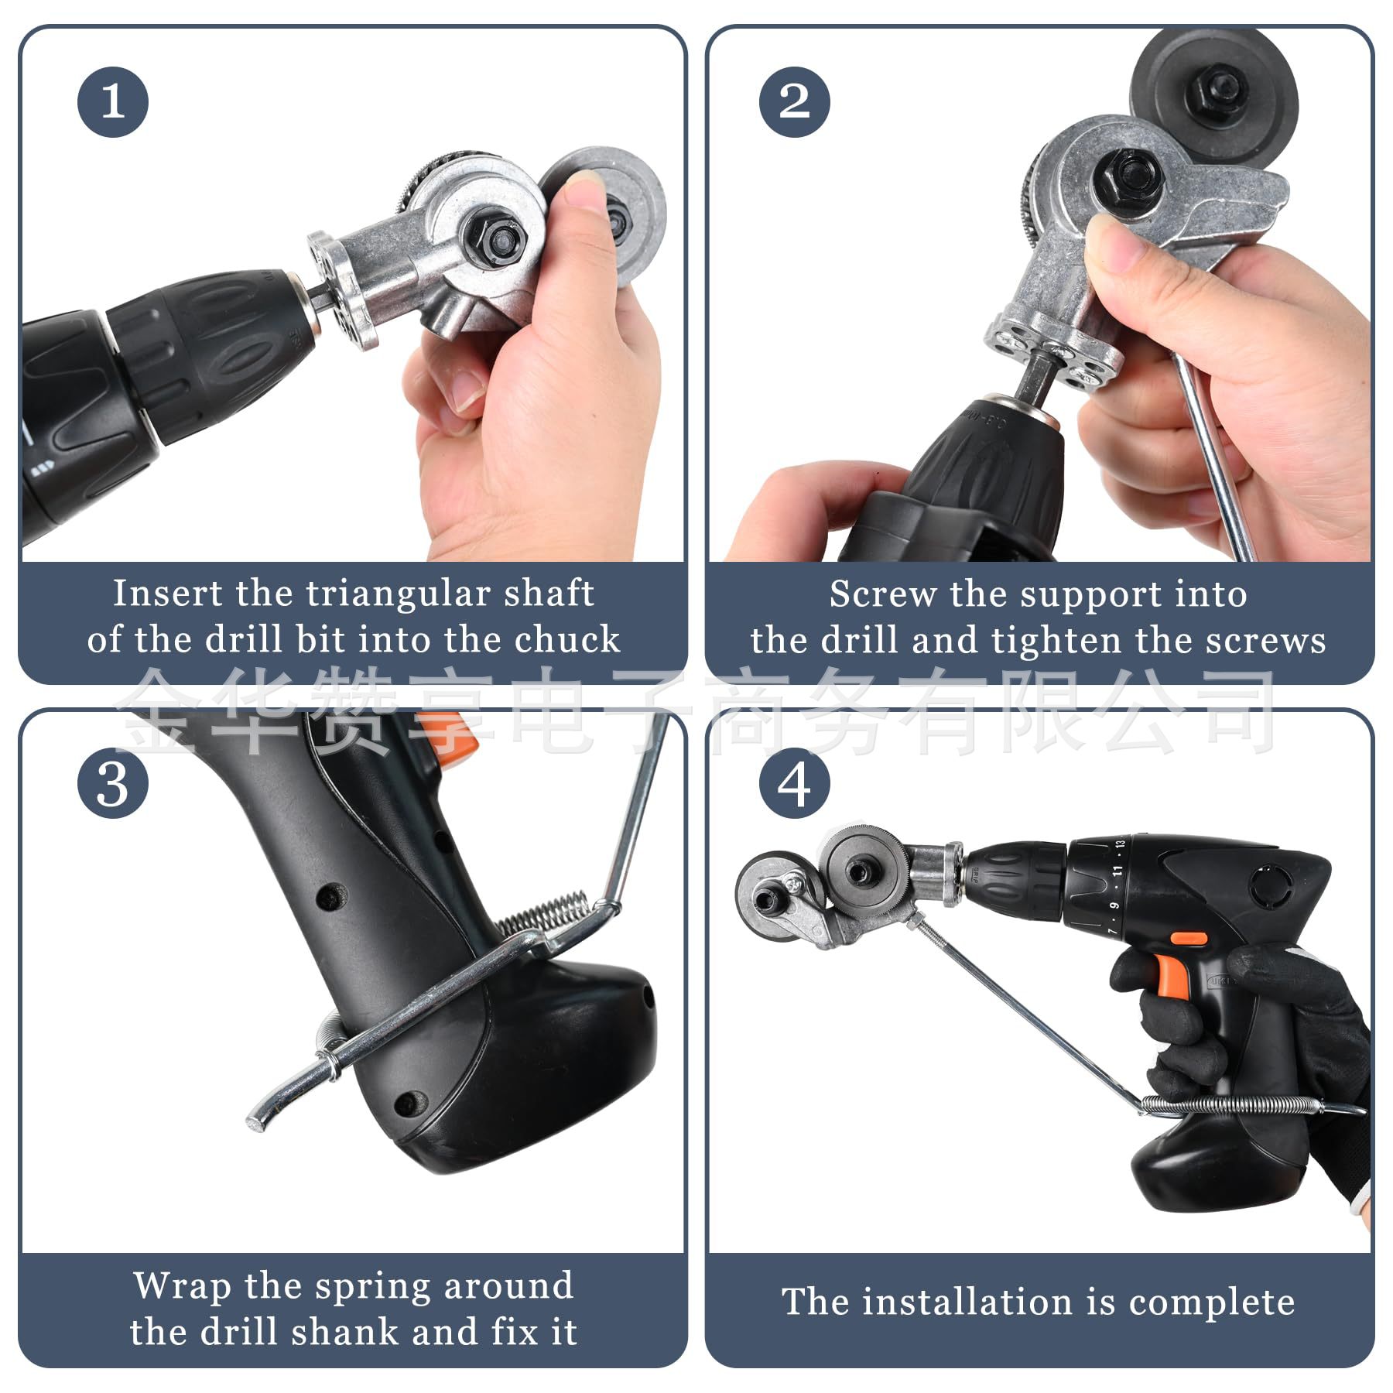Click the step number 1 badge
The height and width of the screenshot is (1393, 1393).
[x=113, y=102]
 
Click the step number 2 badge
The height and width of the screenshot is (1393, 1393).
[x=794, y=102]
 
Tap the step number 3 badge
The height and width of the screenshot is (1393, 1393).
[x=113, y=784]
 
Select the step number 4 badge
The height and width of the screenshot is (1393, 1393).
[x=794, y=784]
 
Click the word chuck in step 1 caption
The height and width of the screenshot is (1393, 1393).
[x=567, y=639]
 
